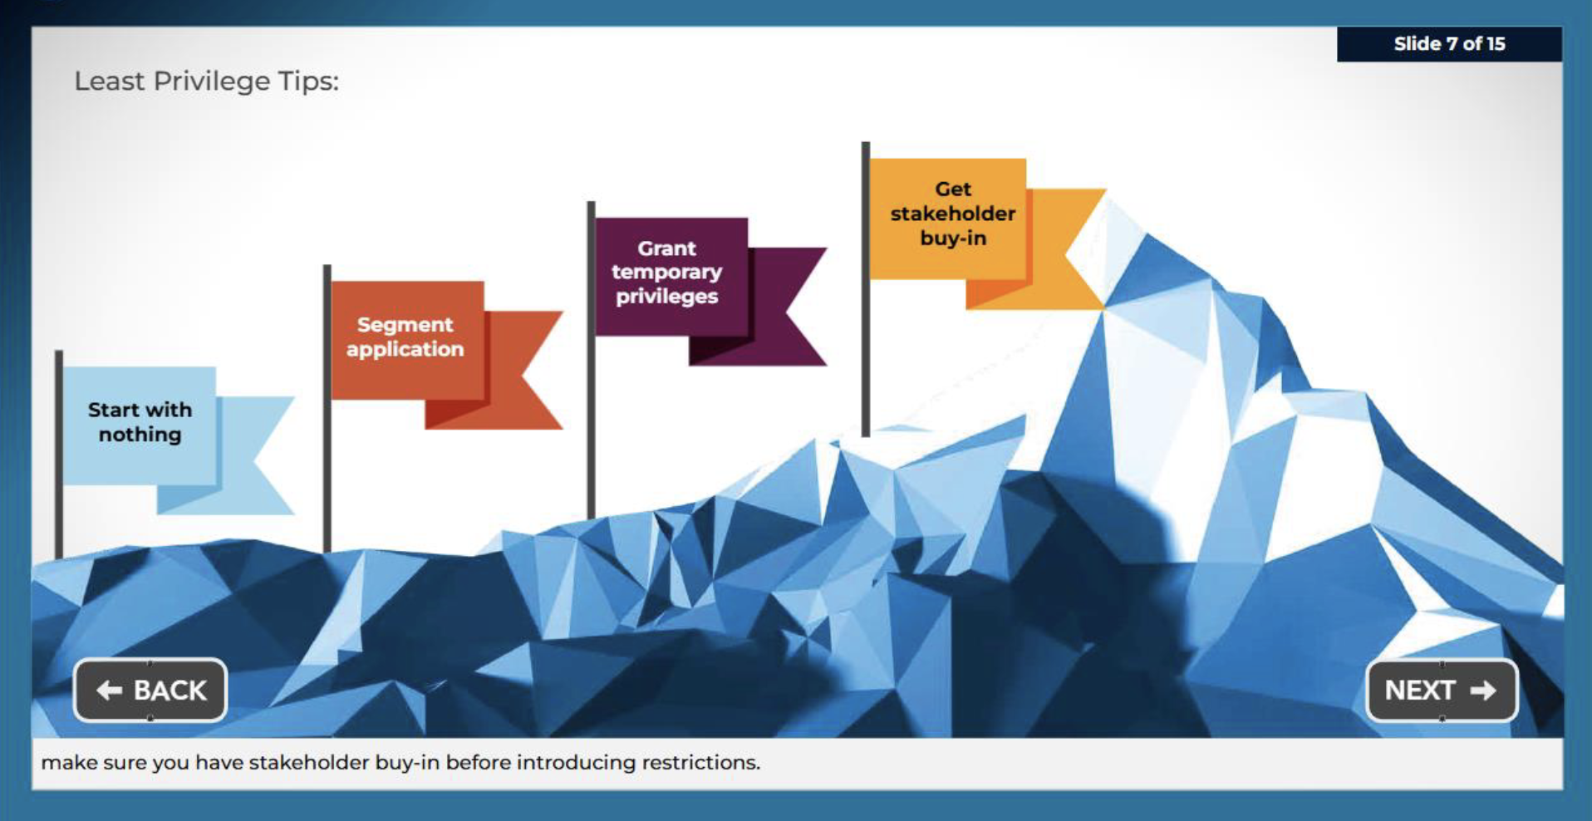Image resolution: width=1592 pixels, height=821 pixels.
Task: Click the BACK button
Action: coord(150,690)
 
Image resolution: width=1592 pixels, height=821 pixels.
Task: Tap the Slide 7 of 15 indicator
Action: coord(1449,44)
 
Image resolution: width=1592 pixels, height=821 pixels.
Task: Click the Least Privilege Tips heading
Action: coord(207,81)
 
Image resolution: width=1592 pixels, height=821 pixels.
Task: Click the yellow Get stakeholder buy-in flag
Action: coord(987,234)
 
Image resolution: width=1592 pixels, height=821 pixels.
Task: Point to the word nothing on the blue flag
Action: coord(140,435)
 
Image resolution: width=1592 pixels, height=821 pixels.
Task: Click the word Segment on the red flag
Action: coord(405,325)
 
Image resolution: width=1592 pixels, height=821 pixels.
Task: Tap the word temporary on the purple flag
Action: coord(667,273)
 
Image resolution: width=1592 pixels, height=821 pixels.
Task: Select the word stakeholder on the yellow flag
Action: coord(953,214)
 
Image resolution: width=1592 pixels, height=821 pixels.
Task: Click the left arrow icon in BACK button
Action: coord(110,691)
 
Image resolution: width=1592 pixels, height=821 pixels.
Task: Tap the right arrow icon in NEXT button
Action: coord(1483,691)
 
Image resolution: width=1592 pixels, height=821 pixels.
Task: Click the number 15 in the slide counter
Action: coord(1496,44)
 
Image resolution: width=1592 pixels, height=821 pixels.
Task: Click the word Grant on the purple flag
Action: coord(667,248)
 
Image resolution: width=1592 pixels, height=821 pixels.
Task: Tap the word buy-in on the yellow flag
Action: coord(953,238)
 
